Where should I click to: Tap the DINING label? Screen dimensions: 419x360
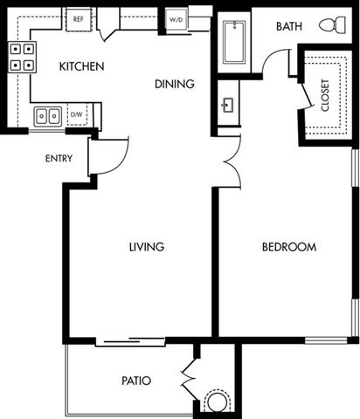[174, 84]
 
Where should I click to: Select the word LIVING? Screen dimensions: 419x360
[146, 247]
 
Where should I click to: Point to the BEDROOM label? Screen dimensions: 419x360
[289, 247]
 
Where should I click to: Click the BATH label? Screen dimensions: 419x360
[289, 27]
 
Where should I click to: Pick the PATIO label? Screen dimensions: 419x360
[136, 381]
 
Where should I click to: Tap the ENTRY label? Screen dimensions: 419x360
[59, 159]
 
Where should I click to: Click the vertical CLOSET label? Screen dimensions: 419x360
[326, 95]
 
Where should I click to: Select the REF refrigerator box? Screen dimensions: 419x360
[78, 17]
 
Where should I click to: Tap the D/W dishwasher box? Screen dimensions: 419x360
[77, 114]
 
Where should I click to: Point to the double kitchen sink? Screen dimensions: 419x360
[47, 115]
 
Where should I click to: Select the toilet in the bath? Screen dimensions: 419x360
[331, 25]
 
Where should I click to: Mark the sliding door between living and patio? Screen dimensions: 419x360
[128, 340]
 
